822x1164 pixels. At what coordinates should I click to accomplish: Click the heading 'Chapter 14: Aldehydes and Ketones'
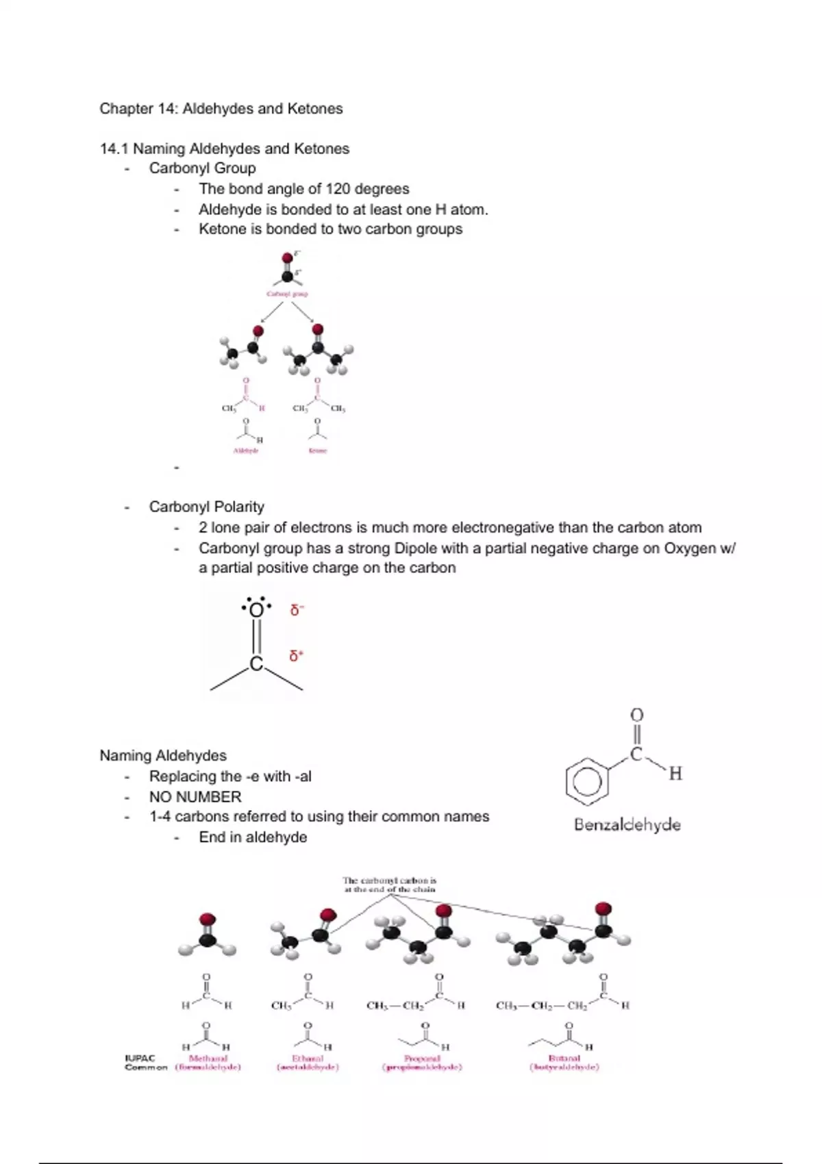coord(221,109)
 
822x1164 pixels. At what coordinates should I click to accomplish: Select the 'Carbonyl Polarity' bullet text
coord(206,507)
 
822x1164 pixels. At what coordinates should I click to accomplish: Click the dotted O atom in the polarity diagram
coord(256,609)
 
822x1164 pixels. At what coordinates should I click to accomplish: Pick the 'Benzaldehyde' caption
coord(627,824)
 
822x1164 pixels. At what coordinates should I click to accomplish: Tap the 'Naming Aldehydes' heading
coord(163,756)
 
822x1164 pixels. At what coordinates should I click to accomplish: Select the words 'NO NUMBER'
coord(195,797)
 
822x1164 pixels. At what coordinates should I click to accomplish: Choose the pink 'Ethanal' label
coord(308,1058)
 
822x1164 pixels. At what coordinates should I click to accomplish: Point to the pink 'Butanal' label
coord(564,1058)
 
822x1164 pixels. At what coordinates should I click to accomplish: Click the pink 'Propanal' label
coord(421,1058)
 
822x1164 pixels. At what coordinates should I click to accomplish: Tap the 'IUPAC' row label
coord(140,1058)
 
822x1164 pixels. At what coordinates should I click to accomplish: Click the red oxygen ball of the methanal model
coord(207,920)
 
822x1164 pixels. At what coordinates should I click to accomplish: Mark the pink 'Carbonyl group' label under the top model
coord(287,294)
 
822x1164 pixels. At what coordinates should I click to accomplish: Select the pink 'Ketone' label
coord(317,451)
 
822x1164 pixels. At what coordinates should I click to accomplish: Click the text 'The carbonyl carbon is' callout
coord(389,881)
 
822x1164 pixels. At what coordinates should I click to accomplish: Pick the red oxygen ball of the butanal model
coord(603,910)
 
